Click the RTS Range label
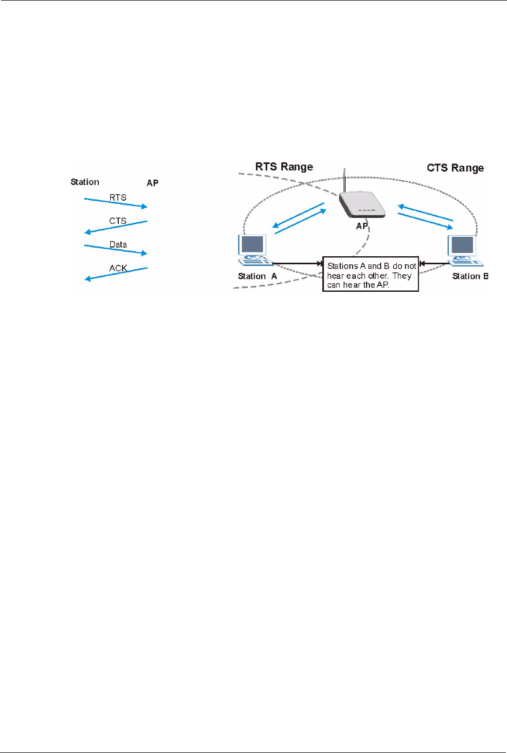pyautogui.click(x=284, y=167)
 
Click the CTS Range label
pyautogui.click(x=455, y=168)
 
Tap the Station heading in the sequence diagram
pyautogui.click(x=85, y=182)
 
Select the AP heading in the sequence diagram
pyautogui.click(x=153, y=183)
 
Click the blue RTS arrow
pyautogui.click(x=116, y=203)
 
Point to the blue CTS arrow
pyautogui.click(x=116, y=227)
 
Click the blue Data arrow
pyautogui.click(x=116, y=249)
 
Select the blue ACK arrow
pyautogui.click(x=116, y=273)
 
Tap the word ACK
pyautogui.click(x=118, y=268)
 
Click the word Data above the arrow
pyautogui.click(x=118, y=244)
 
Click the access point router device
pyautogui.click(x=362, y=205)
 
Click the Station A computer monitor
pyautogui.click(x=253, y=245)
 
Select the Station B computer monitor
pyautogui.click(x=463, y=245)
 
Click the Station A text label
pyautogui.click(x=257, y=276)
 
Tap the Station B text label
pyautogui.click(x=470, y=276)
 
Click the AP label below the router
pyautogui.click(x=362, y=226)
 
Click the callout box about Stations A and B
pyautogui.click(x=371, y=275)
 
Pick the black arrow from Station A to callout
pyautogui.click(x=296, y=264)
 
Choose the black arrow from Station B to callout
pyautogui.click(x=435, y=264)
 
